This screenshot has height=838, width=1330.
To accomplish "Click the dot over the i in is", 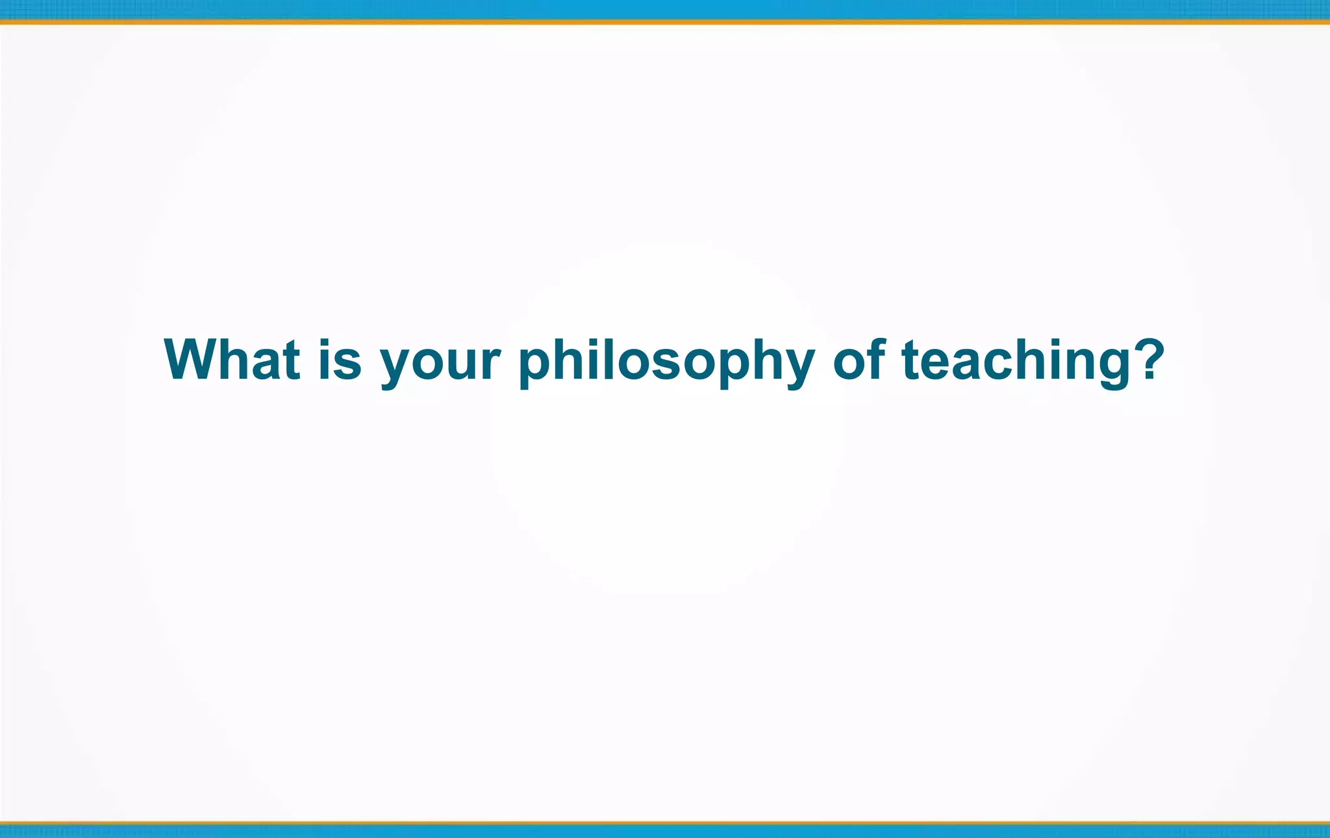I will pos(324,342).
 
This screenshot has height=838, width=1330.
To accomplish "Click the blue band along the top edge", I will pos(665,9).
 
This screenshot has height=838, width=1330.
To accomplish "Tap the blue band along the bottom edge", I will pos(665,831).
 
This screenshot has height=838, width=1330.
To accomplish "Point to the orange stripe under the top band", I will pos(665,21).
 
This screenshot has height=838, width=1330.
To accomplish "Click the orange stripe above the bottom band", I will pos(665,822).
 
